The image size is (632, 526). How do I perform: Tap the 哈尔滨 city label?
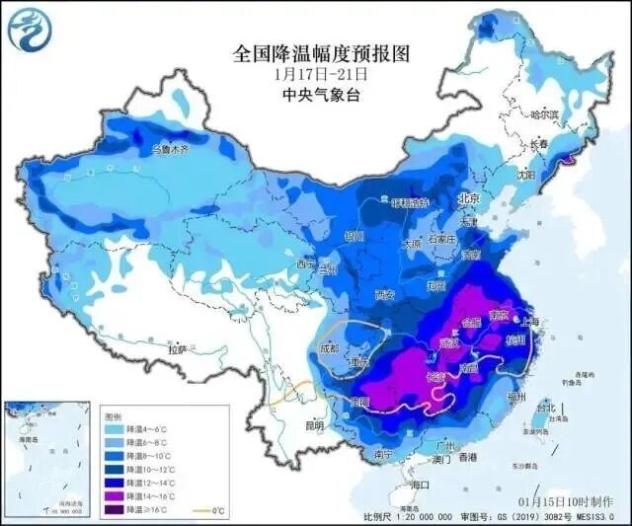coord(544,115)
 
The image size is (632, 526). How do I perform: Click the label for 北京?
coord(469,199)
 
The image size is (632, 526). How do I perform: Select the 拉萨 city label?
coord(178,349)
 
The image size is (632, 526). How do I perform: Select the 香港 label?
coord(467,458)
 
